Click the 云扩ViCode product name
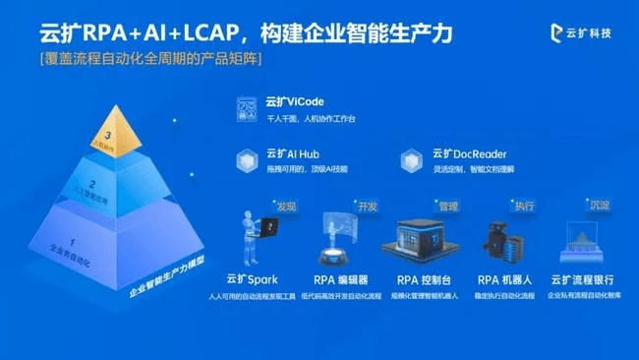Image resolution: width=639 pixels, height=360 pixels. (x=295, y=101)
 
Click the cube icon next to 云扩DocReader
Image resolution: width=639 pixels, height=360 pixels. (x=412, y=160)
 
